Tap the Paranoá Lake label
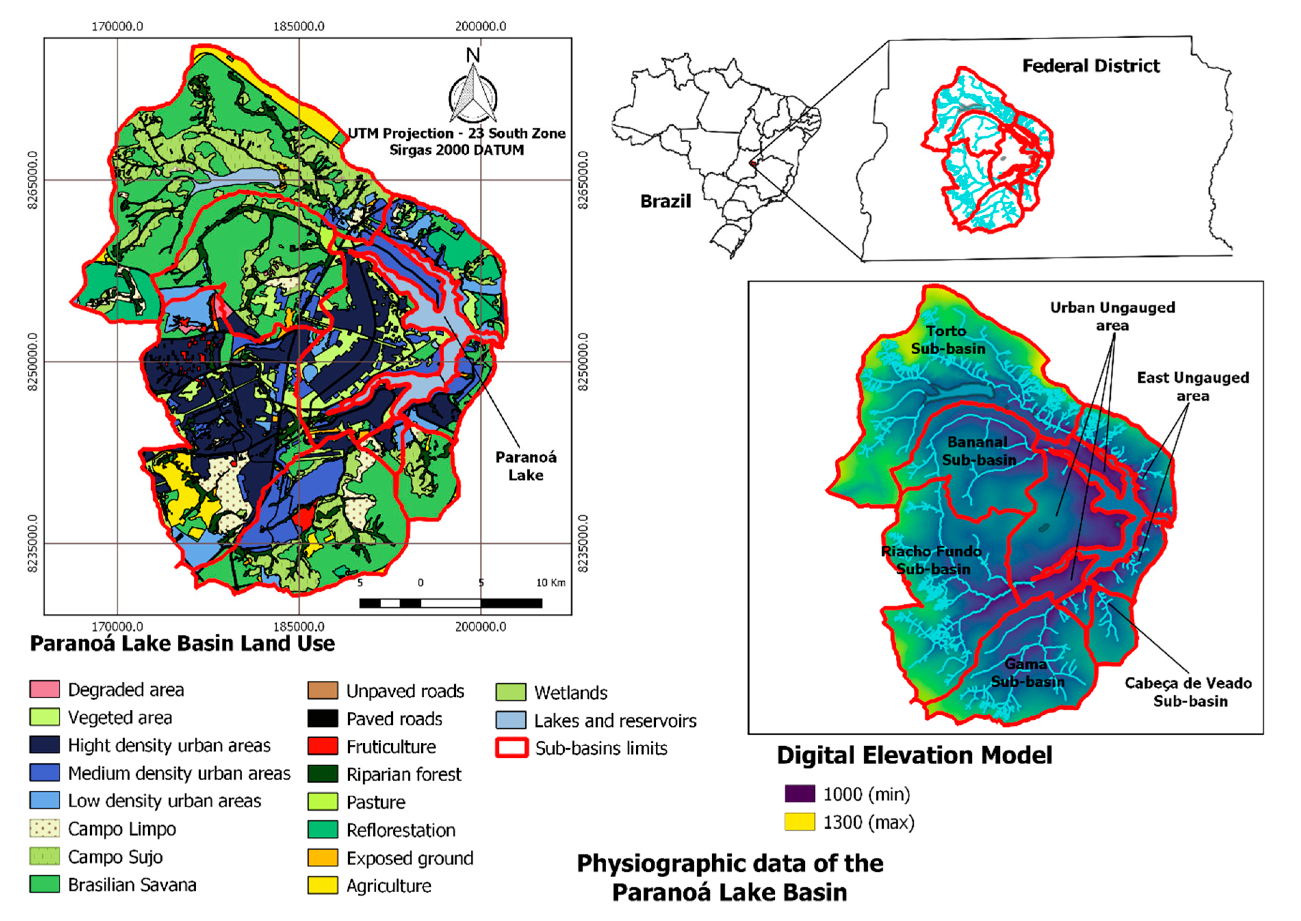(526, 466)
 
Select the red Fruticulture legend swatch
(323, 746)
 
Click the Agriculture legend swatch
(323, 885)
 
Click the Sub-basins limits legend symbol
(512, 748)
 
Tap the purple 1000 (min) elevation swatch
(800, 793)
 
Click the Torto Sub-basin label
(948, 340)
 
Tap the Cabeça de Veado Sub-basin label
(1189, 691)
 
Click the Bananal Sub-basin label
(979, 451)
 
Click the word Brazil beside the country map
(665, 201)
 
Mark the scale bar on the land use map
(450, 603)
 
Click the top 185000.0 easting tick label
(299, 26)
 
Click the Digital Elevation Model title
(914, 755)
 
